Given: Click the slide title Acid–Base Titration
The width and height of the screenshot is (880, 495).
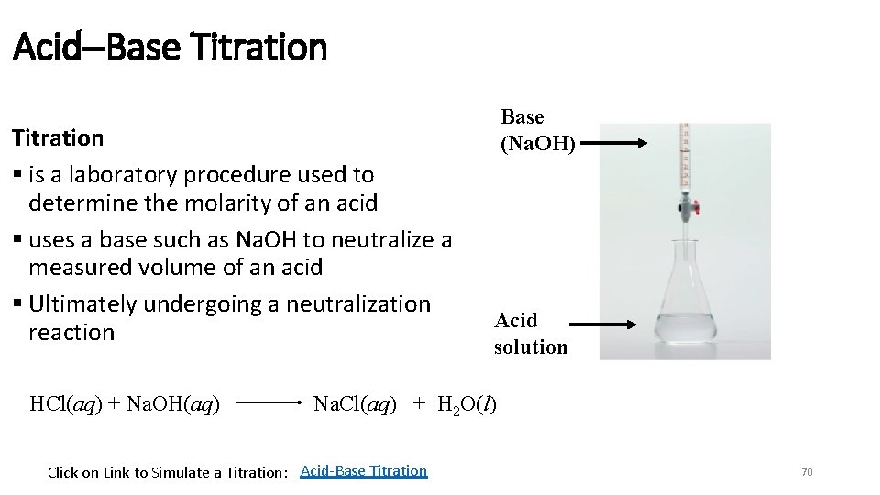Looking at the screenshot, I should pyautogui.click(x=170, y=46).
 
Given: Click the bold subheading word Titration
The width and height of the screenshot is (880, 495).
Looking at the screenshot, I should pyautogui.click(x=57, y=138).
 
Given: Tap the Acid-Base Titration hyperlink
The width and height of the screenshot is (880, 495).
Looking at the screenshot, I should pyautogui.click(x=363, y=470).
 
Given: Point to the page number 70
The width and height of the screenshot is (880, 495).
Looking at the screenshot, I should pyautogui.click(x=807, y=472).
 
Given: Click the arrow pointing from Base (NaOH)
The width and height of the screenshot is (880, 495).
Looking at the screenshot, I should pyautogui.click(x=613, y=143).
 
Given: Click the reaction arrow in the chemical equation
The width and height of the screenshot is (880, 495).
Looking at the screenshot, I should pyautogui.click(x=272, y=402).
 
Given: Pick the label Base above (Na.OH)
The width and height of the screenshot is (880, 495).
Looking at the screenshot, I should pyautogui.click(x=522, y=117).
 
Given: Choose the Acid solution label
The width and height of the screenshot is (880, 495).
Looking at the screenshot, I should pyautogui.click(x=530, y=334).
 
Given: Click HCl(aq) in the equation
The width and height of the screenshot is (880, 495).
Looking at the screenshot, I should pyautogui.click(x=70, y=403).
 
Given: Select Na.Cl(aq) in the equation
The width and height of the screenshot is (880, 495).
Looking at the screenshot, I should pyautogui.click(x=355, y=403).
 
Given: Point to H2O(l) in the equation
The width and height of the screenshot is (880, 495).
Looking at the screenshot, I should pyautogui.click(x=467, y=404).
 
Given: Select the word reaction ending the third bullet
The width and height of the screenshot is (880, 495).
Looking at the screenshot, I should pyautogui.click(x=71, y=333).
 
